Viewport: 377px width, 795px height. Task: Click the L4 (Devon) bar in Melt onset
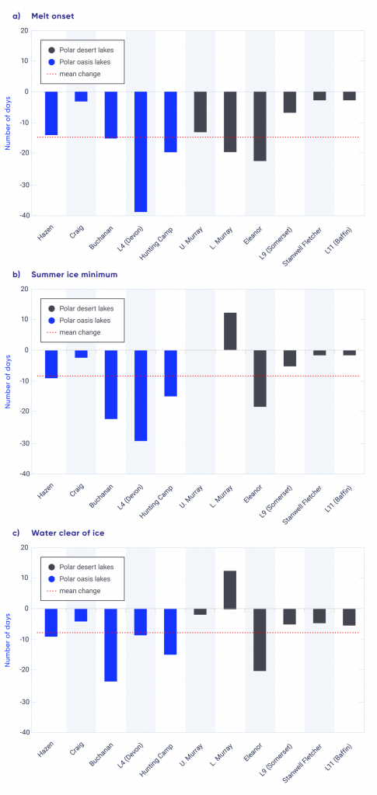tap(141, 151)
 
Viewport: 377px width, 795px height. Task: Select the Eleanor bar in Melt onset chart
tap(260, 126)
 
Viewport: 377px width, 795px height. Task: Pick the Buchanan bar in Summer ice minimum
tap(111, 384)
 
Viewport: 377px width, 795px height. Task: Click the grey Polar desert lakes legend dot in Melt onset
tap(51, 48)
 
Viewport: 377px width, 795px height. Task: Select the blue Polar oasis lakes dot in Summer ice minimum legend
tap(51, 320)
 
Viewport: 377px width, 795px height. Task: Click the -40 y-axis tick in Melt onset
tap(23, 215)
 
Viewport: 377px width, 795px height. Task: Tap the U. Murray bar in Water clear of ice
tap(200, 612)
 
